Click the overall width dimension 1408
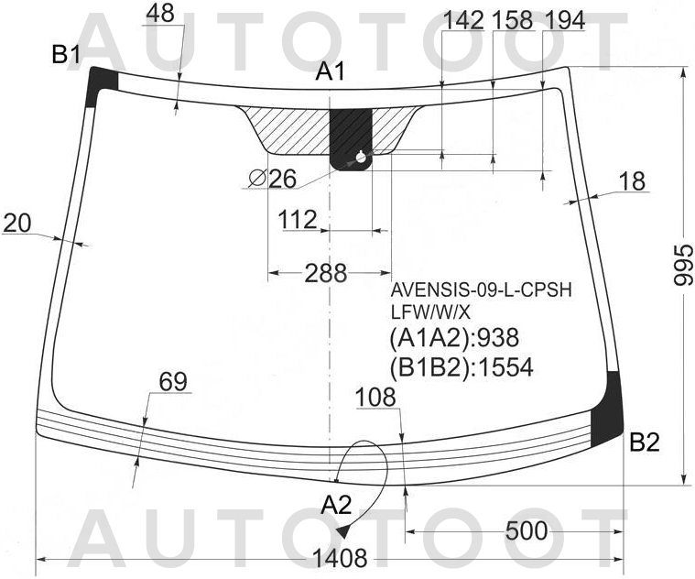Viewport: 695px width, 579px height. point(340,558)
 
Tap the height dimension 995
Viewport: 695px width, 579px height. point(683,265)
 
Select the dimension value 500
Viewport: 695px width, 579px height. point(527,530)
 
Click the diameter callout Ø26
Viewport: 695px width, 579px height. point(273,180)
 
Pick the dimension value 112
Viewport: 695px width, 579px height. point(298,220)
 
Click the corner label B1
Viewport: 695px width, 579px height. point(66,55)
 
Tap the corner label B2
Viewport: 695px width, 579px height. point(645,442)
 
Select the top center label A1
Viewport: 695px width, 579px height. point(330,71)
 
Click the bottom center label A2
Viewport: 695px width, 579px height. point(336,505)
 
